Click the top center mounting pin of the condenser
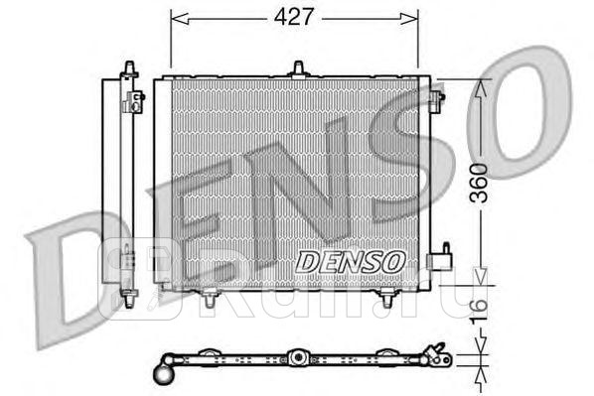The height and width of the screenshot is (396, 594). coord(297,68)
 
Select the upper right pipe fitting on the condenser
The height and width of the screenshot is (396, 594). coord(437,97)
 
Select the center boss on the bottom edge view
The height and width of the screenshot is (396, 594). coord(296,357)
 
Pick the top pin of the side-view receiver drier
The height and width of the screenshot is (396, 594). coord(127,66)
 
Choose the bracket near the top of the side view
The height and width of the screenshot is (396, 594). coord(136,97)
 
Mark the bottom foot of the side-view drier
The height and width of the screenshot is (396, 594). coord(127,299)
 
